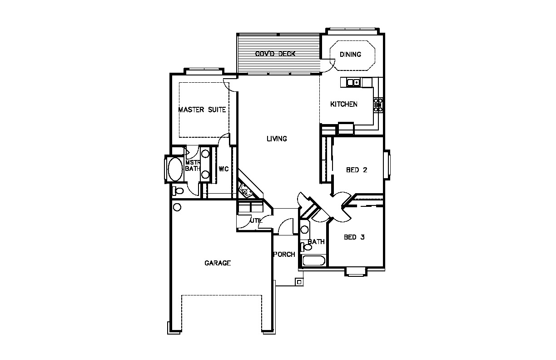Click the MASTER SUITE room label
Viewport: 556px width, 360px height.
click(x=202, y=110)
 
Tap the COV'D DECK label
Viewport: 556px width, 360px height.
click(x=275, y=54)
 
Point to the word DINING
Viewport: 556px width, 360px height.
click(x=350, y=55)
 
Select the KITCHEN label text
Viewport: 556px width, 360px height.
click(x=344, y=104)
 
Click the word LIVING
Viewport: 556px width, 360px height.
click(x=277, y=139)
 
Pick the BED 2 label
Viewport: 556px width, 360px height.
click(x=357, y=170)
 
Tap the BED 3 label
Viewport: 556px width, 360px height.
click(x=354, y=237)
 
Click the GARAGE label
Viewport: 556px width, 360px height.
click(x=218, y=263)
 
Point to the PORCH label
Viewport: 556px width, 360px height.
click(x=284, y=255)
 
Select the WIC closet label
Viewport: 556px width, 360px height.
click(x=223, y=169)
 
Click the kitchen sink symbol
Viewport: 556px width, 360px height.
click(x=353, y=82)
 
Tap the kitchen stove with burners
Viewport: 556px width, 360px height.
click(x=378, y=105)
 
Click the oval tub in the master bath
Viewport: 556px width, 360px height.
click(x=175, y=169)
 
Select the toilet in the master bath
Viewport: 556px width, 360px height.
click(x=178, y=191)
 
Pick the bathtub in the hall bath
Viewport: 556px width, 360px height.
click(x=314, y=260)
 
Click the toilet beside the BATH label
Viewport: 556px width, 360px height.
click(x=306, y=247)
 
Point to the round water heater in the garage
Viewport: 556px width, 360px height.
click(x=177, y=207)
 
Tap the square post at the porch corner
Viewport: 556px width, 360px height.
click(x=299, y=282)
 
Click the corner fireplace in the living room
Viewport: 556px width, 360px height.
click(x=246, y=191)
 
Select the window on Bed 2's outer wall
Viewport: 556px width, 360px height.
click(x=387, y=164)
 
